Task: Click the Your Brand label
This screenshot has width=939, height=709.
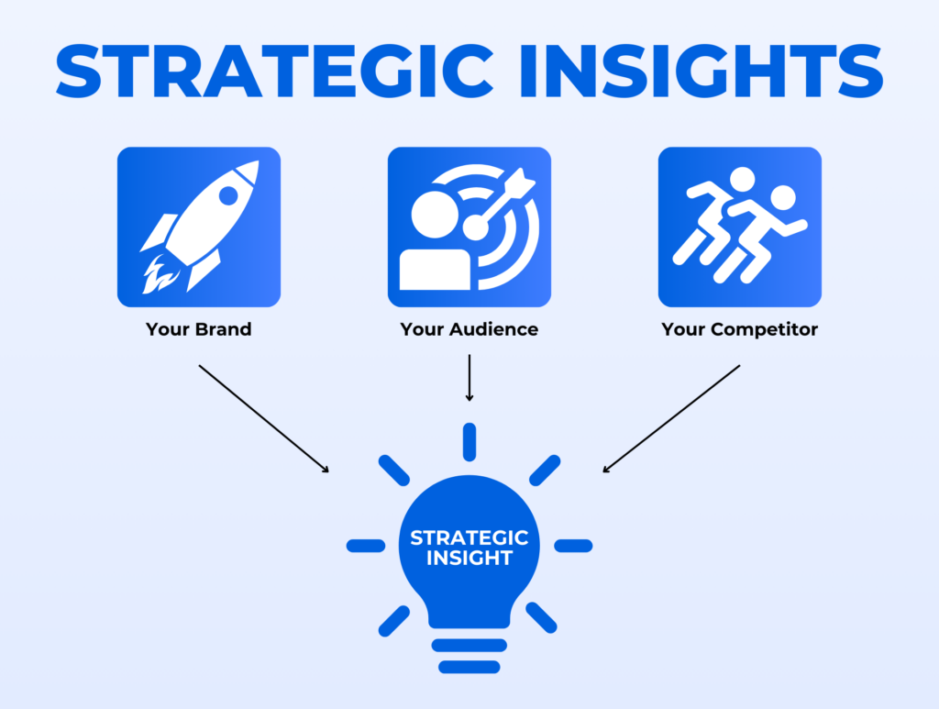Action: coord(198,329)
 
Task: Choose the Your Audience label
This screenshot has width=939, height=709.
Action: coord(469,329)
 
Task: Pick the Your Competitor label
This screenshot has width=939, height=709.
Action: coord(739,329)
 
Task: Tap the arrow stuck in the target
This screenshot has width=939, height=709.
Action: coord(501,198)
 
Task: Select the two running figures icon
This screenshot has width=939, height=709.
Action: coord(739,225)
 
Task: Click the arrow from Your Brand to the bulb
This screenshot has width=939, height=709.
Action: coord(263,418)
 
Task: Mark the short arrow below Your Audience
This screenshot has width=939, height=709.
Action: coord(469,378)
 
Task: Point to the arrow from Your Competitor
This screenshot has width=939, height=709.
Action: coord(671,418)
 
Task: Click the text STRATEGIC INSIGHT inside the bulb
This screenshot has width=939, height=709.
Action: coord(469,547)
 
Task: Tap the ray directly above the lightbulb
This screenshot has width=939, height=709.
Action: coord(469,441)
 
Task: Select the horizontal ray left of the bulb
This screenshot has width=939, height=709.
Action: coord(365,546)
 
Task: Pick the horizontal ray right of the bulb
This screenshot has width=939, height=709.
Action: coord(573,546)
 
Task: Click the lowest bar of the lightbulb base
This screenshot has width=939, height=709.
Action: coord(469,667)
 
